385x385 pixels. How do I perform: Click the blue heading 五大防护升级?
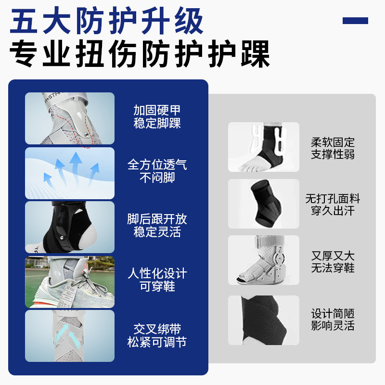(x=107, y=22)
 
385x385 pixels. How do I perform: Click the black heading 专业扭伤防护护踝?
(x=140, y=54)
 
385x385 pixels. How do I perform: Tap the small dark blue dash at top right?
(x=355, y=21)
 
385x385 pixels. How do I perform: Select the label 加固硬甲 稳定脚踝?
(x=157, y=117)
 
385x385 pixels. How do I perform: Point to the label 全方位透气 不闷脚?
(x=157, y=171)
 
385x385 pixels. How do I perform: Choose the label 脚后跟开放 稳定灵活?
(x=157, y=225)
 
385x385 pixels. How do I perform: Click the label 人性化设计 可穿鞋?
(x=157, y=280)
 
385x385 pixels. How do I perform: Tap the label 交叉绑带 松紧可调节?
(x=157, y=335)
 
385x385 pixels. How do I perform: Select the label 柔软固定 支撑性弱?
(x=333, y=148)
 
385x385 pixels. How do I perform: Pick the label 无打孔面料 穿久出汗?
(x=333, y=205)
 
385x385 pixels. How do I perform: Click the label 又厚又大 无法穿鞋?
(x=333, y=262)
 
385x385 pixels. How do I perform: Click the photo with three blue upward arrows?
(x=70, y=173)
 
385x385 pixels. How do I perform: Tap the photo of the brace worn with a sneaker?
(x=70, y=282)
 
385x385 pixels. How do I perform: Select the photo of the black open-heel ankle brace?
(x=70, y=227)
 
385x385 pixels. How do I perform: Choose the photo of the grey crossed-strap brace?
(x=70, y=336)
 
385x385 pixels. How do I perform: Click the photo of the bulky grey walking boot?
(x=264, y=260)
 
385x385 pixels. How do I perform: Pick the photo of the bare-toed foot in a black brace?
(x=264, y=147)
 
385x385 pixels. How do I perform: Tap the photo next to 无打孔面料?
(x=264, y=204)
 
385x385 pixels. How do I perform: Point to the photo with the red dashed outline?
(x=70, y=118)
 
